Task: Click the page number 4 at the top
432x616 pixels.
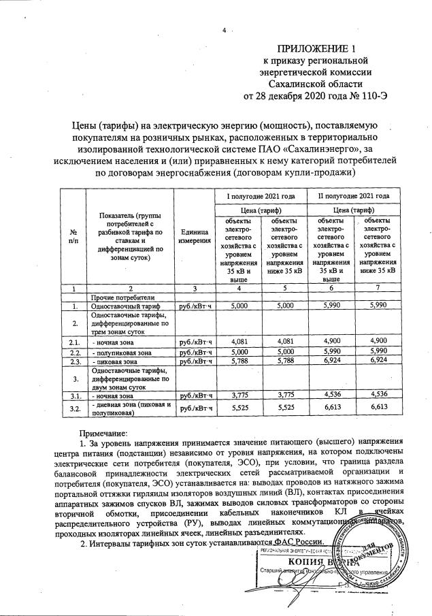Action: tap(223, 30)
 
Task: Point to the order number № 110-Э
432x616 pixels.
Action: tap(367, 95)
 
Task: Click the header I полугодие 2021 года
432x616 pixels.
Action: tap(265, 196)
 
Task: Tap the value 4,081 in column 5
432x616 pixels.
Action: tap(280, 342)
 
